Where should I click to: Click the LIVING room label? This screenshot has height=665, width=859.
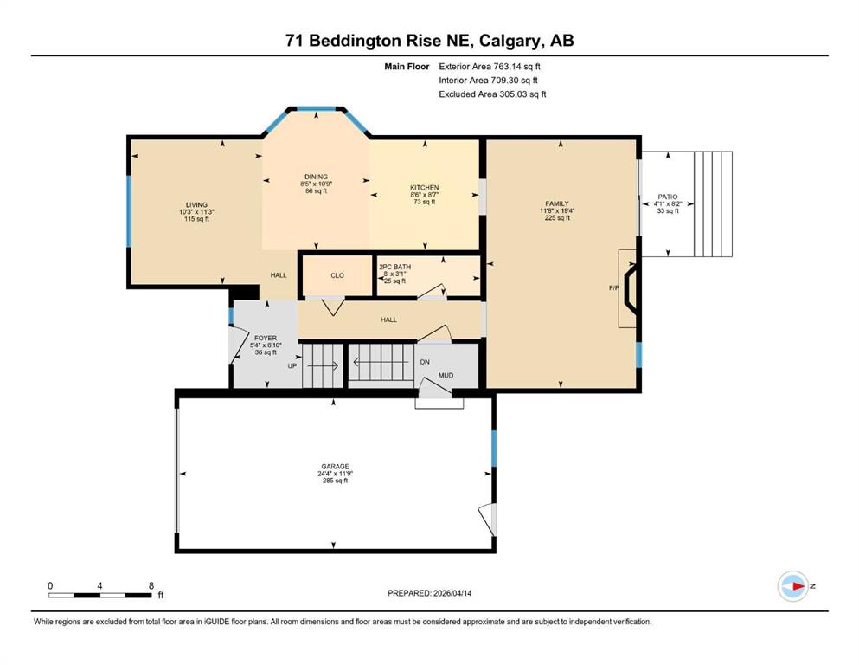[x=196, y=204]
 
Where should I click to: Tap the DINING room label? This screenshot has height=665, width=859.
[x=316, y=177]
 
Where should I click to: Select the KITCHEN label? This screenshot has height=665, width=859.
[x=425, y=188]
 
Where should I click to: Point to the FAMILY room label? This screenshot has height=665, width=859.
[x=557, y=203]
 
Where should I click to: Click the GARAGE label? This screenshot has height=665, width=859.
[x=336, y=467]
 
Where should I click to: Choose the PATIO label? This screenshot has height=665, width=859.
[x=668, y=197]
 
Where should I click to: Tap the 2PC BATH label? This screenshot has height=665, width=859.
[x=395, y=267]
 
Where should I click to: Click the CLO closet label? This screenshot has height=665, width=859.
[x=337, y=275]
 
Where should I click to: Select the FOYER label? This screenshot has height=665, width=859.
[x=266, y=339]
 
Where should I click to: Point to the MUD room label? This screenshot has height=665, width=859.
[x=446, y=376]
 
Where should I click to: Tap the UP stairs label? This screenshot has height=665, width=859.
[x=292, y=365]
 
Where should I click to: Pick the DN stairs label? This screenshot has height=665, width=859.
[x=425, y=362]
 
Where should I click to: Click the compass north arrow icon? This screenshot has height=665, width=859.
[x=793, y=586]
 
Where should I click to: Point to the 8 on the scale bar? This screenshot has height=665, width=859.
[x=151, y=585]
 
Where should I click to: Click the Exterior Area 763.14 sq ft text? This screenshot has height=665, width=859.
[x=490, y=67]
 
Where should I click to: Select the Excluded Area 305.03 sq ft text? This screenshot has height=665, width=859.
[x=492, y=94]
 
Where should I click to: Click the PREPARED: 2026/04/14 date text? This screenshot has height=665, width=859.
[x=429, y=593]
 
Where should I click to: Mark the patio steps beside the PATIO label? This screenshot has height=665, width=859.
[x=714, y=204]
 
